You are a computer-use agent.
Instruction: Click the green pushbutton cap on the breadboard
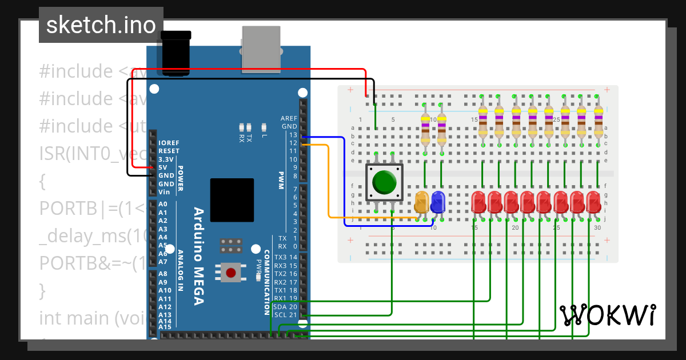(384, 182)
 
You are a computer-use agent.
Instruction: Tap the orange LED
(422, 203)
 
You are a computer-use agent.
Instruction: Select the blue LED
(438, 203)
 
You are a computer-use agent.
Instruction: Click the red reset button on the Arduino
(231, 273)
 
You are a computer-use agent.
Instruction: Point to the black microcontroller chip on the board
(232, 200)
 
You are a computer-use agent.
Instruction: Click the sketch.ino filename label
(101, 25)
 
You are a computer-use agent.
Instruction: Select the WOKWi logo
(607, 315)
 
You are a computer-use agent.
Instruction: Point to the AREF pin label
(289, 118)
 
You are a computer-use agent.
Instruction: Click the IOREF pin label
(169, 143)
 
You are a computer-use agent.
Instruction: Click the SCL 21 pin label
(286, 315)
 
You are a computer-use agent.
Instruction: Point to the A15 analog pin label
(165, 327)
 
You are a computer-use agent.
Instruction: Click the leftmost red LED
(478, 203)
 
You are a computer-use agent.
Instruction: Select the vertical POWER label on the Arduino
(181, 179)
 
